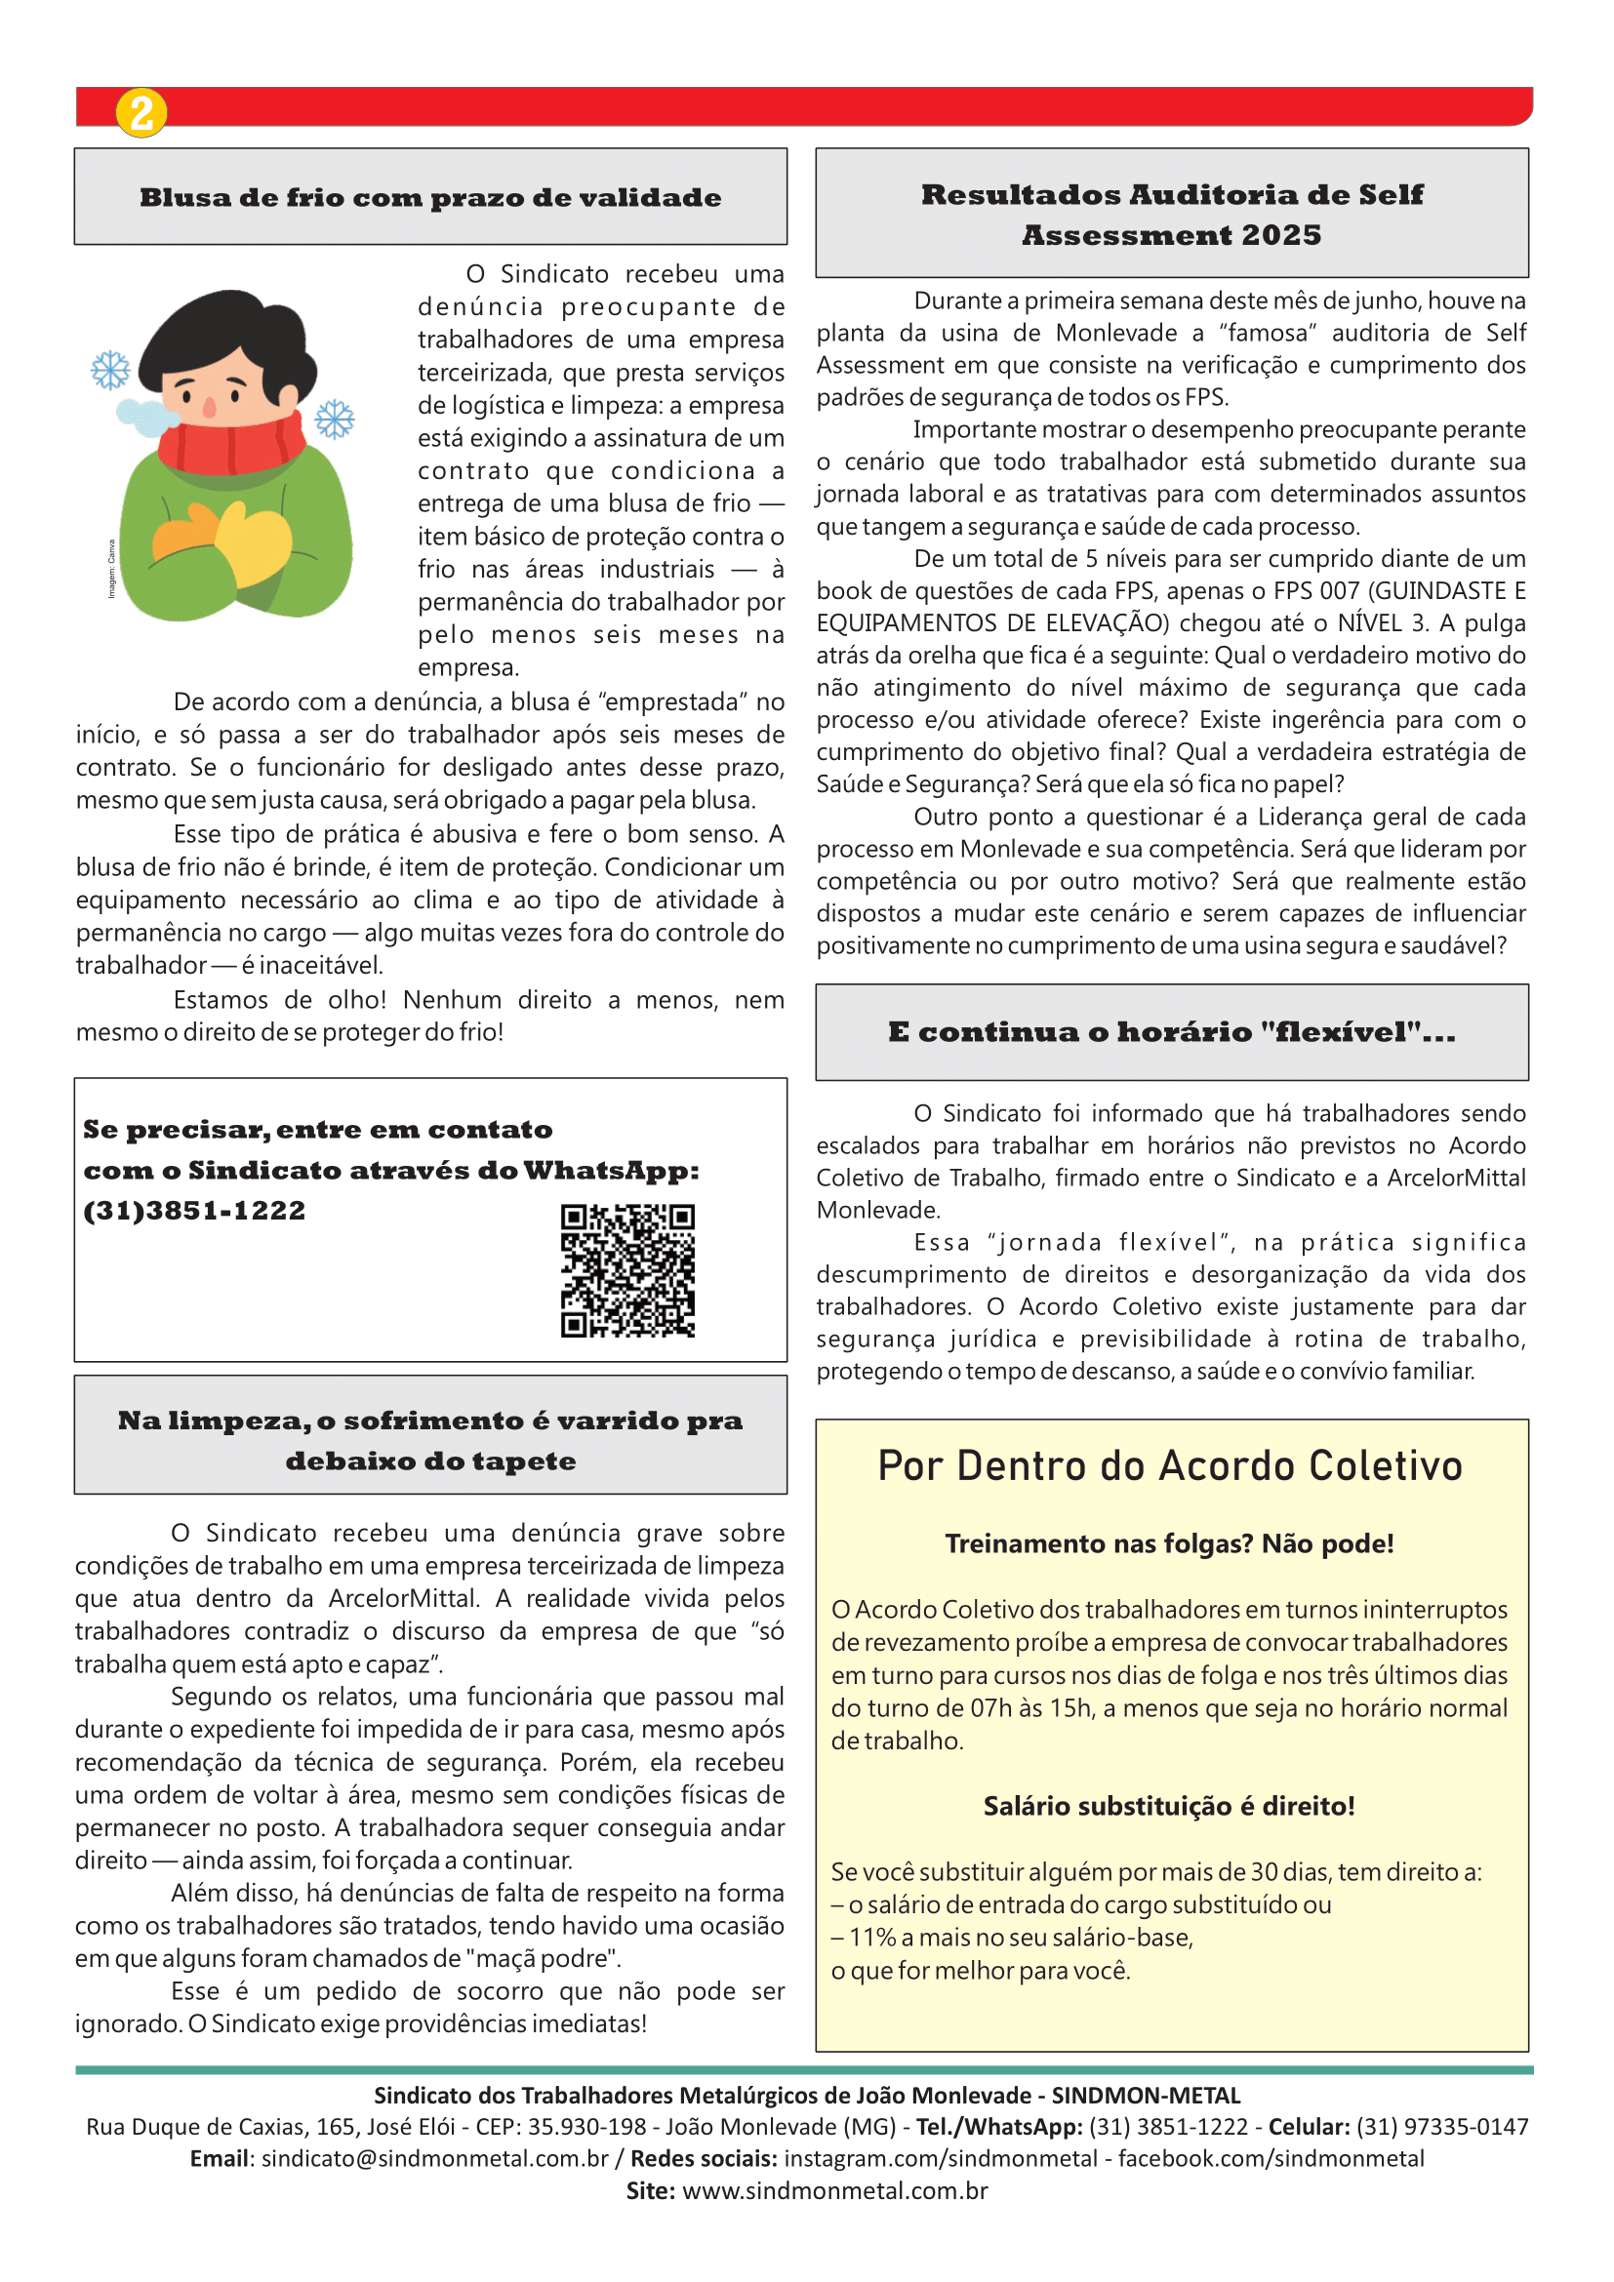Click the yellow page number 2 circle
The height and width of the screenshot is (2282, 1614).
click(x=141, y=112)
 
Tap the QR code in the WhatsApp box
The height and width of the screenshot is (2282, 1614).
click(x=627, y=1270)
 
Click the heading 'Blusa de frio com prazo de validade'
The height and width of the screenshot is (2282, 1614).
click(x=430, y=197)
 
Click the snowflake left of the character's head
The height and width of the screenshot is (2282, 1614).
click(x=110, y=370)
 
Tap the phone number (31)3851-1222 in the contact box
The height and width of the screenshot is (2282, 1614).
click(x=195, y=1211)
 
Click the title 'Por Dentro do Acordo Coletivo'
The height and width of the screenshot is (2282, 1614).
click(x=1170, y=1466)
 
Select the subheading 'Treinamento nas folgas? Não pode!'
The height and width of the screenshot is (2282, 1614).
click(x=1169, y=1543)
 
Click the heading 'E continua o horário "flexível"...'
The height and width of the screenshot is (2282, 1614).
click(x=1172, y=1031)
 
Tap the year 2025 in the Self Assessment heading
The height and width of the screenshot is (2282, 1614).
click(x=1281, y=235)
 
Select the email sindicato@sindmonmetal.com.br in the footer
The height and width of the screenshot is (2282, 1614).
click(x=434, y=2159)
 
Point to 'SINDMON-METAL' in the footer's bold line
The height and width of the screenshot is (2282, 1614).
click(x=1146, y=2095)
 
